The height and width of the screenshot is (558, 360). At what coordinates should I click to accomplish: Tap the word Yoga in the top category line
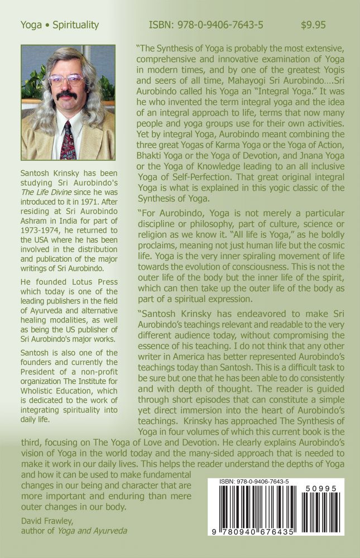[31, 25]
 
